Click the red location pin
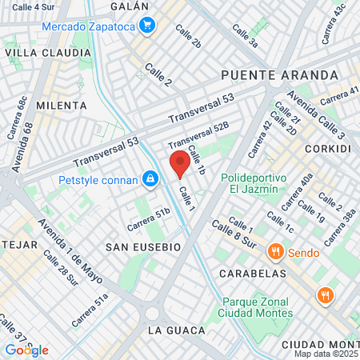[180, 164]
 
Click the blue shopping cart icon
[147, 26]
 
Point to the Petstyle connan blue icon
[150, 179]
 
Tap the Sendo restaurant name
[303, 253]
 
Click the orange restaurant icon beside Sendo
[275, 252]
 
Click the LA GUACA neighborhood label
[177, 330]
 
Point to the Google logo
[26, 350]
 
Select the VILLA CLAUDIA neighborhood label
[48, 53]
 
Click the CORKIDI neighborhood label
[327, 149]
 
